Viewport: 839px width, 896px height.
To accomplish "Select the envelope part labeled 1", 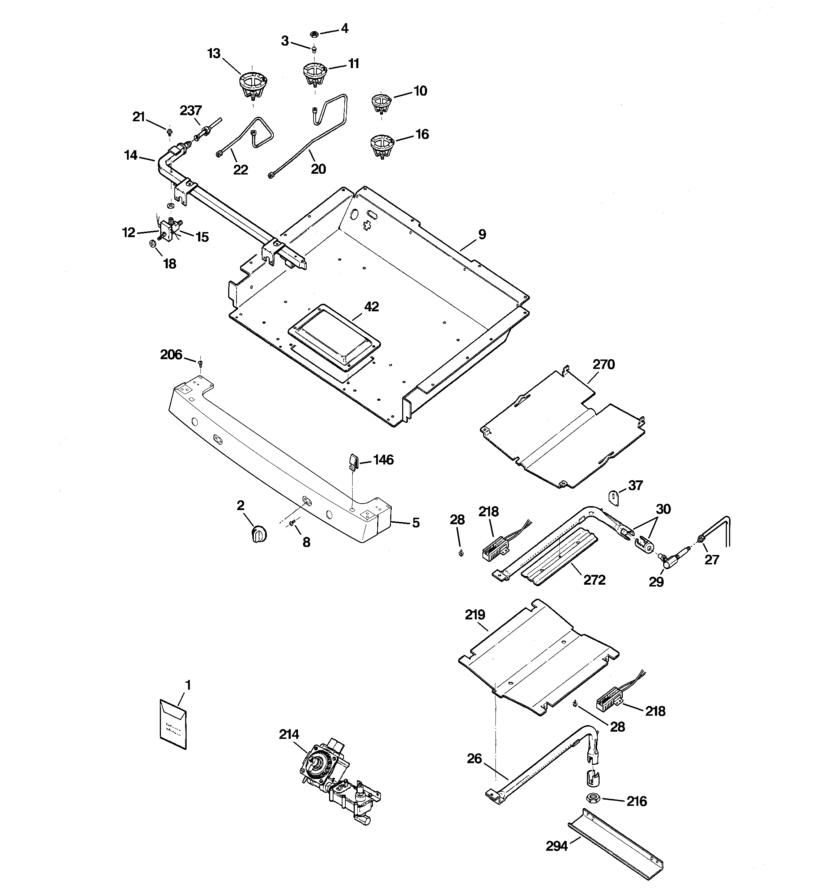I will tap(173, 724).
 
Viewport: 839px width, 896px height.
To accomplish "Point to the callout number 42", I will tap(371, 307).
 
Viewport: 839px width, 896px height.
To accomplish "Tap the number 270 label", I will tap(604, 364).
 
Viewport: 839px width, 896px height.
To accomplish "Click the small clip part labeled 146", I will tap(354, 462).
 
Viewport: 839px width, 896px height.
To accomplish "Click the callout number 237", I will tap(191, 110).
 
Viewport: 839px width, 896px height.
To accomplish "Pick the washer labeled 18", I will tap(153, 244).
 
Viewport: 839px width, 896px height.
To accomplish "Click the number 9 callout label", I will tap(482, 234).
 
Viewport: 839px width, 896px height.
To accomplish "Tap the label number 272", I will tap(595, 580).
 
